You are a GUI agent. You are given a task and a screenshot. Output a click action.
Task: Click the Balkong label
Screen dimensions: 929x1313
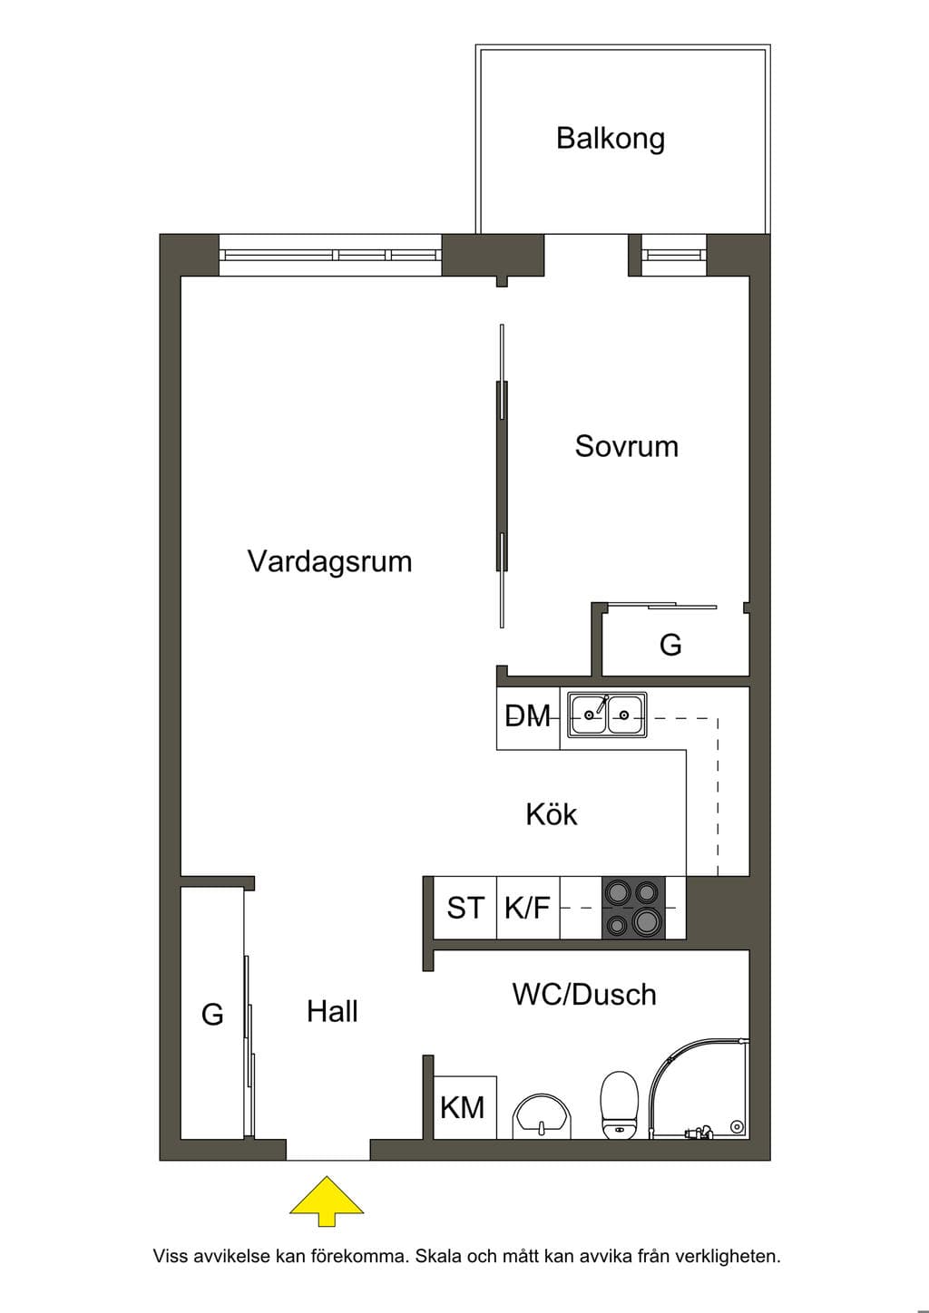click(610, 139)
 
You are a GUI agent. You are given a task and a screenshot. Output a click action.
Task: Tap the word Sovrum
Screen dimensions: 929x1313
click(626, 446)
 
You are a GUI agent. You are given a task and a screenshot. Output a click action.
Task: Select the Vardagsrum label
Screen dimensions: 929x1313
click(329, 562)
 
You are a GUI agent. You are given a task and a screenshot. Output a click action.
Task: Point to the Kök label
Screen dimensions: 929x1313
click(552, 814)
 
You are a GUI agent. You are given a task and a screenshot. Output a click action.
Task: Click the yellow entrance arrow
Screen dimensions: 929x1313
click(327, 1209)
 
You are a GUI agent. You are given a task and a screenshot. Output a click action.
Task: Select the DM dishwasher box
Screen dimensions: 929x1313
click(528, 719)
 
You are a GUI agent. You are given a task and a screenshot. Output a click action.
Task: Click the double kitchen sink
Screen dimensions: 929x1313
click(607, 714)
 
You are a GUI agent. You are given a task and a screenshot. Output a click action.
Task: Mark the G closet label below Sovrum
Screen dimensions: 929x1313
click(670, 646)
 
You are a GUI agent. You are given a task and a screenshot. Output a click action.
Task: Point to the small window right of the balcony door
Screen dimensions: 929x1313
click(674, 255)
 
